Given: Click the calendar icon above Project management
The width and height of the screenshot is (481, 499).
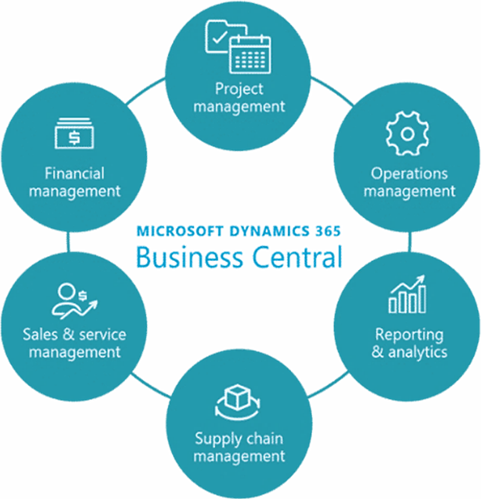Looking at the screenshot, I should coord(250,54).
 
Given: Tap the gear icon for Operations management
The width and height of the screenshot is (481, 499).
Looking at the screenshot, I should coord(408,134).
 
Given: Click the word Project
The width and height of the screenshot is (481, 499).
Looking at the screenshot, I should coord(239,90).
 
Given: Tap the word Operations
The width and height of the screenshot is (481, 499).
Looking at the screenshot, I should coord(409,174).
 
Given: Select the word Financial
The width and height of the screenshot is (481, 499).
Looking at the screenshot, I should coord(74,174).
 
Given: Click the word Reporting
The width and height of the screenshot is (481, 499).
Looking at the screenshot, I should coord(409,334).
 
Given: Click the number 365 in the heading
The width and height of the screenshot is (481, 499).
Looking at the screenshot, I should coord(326,230).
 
